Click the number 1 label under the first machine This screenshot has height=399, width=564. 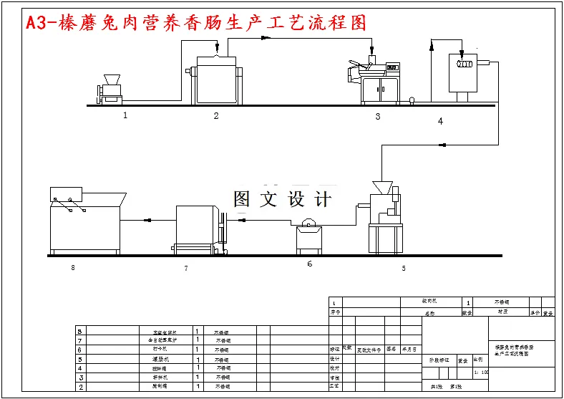click(125, 114)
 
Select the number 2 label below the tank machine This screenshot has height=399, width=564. click(215, 115)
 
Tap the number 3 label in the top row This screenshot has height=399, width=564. click(378, 116)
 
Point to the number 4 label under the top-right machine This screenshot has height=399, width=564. click(440, 121)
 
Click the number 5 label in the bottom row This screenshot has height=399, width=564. click(403, 269)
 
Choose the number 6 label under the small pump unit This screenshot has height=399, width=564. click(309, 264)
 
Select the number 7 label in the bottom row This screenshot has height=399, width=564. click(185, 268)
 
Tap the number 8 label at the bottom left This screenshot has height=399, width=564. click(72, 268)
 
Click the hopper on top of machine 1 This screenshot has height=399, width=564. click(112, 79)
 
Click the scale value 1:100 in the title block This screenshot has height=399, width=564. click(481, 372)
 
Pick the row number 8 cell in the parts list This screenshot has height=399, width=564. click(81, 332)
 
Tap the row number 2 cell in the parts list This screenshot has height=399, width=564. click(81, 386)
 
